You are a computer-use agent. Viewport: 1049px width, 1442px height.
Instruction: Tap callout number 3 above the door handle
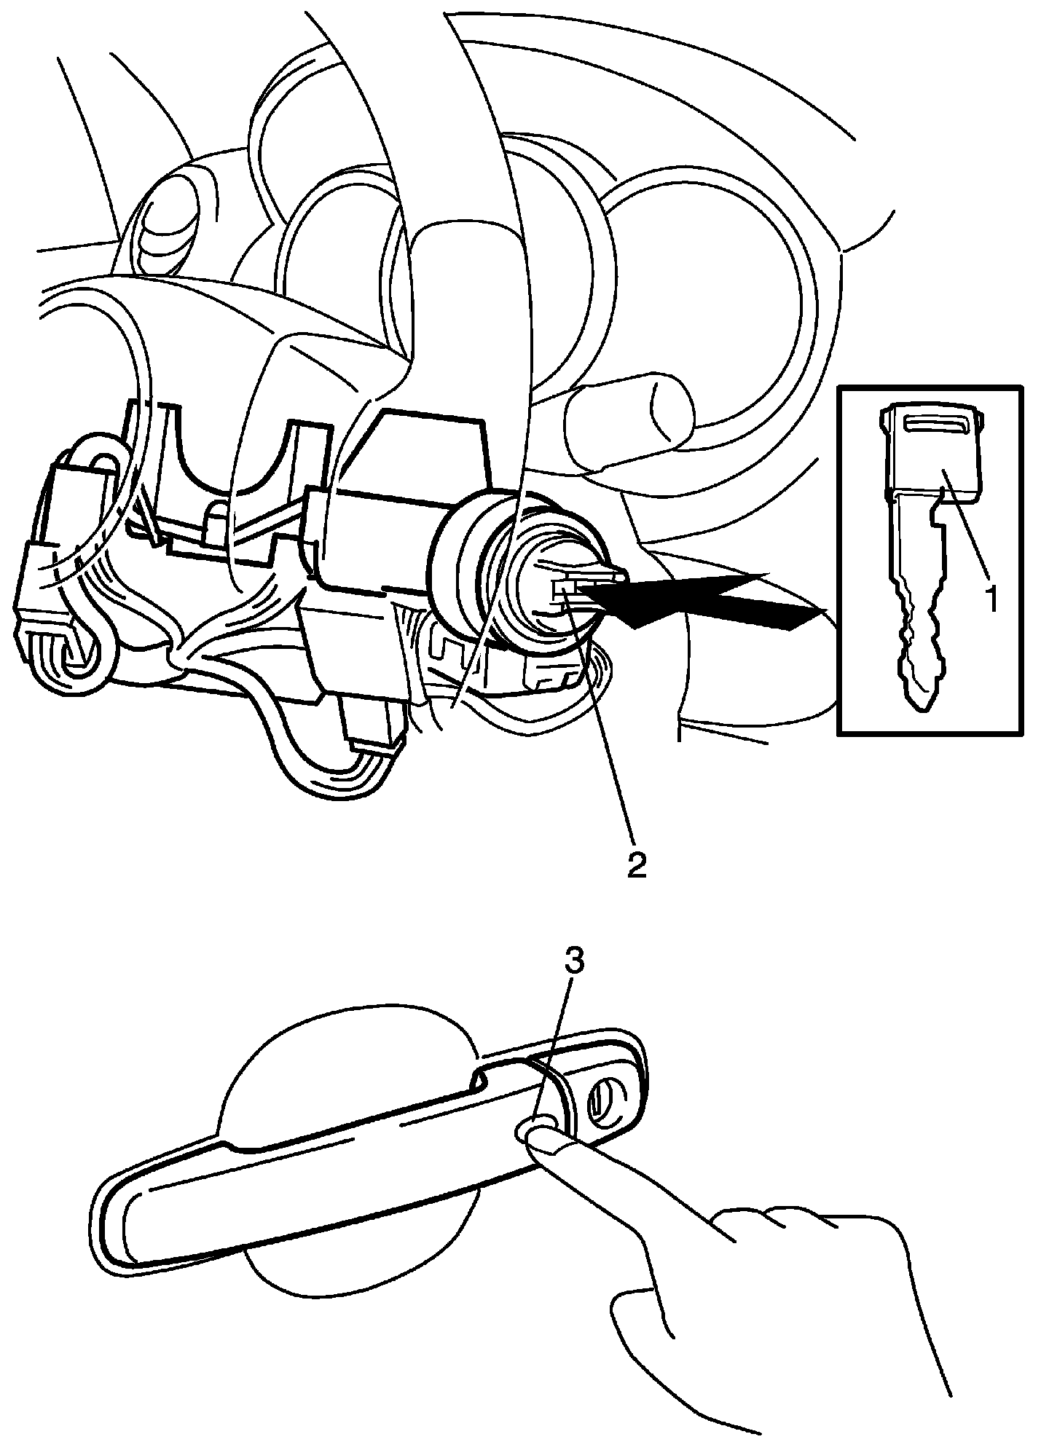click(x=575, y=961)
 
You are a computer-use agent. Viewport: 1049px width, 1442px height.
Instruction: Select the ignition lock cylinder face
click(x=557, y=583)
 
